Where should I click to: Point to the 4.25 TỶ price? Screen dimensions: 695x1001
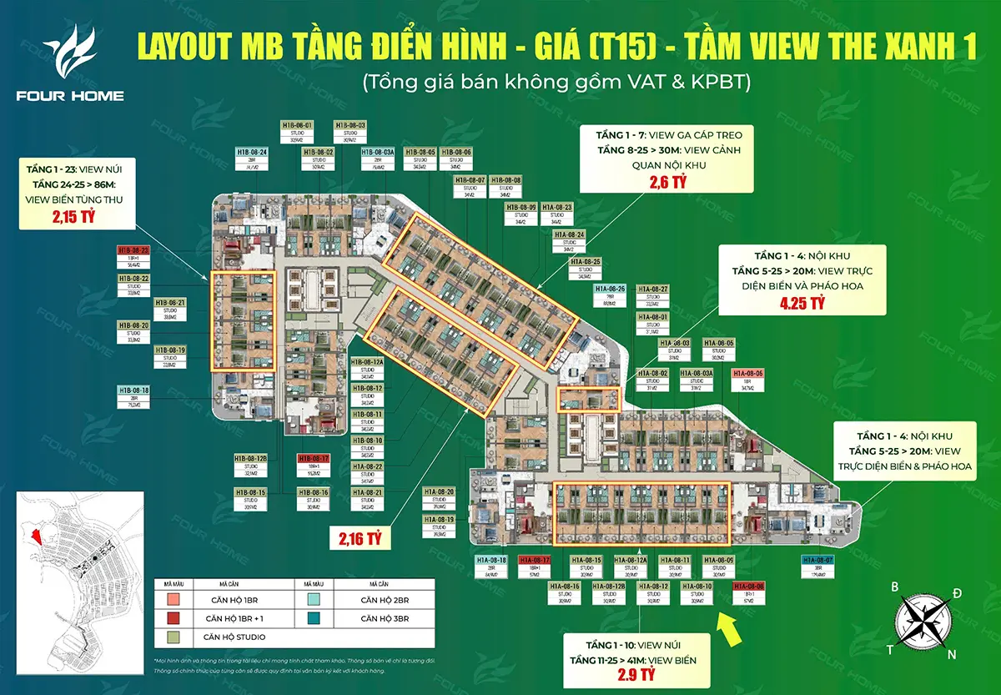pyautogui.click(x=801, y=305)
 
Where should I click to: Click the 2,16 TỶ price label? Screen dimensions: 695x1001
pyautogui.click(x=360, y=537)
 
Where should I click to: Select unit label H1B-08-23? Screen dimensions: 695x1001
pyautogui.click(x=133, y=250)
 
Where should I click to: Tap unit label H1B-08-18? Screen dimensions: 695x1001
pyautogui.click(x=133, y=391)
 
